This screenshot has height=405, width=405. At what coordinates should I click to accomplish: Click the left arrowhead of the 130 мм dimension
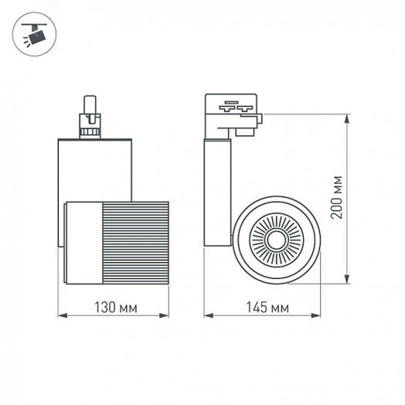click(63, 315)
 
